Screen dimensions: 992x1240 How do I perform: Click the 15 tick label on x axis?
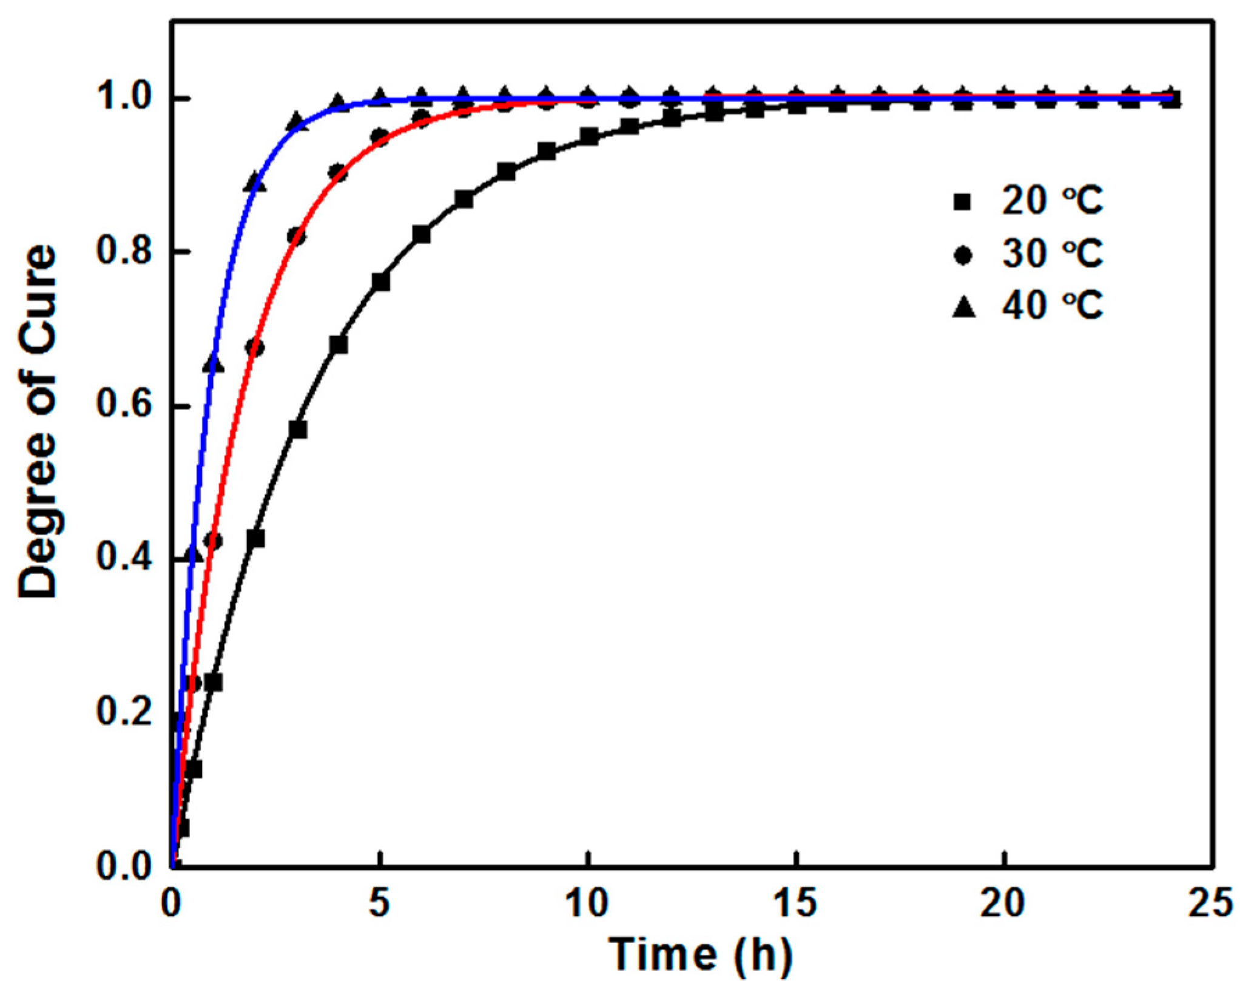[797, 903]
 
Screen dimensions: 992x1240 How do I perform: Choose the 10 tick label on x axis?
[587, 903]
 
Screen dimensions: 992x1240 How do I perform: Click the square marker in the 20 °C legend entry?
[963, 202]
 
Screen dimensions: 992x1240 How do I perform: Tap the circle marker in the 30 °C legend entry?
[963, 255]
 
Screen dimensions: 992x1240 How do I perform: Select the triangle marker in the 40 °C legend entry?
[963, 307]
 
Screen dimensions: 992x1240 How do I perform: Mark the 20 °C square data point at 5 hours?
[380, 282]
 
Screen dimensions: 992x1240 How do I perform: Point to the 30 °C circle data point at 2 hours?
[255, 348]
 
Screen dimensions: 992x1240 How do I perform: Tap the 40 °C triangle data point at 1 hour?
[214, 364]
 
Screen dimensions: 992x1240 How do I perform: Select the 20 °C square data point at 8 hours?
[506, 172]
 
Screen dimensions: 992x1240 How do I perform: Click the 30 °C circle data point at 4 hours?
[339, 174]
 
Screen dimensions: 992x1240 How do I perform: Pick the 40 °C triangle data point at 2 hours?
[255, 183]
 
